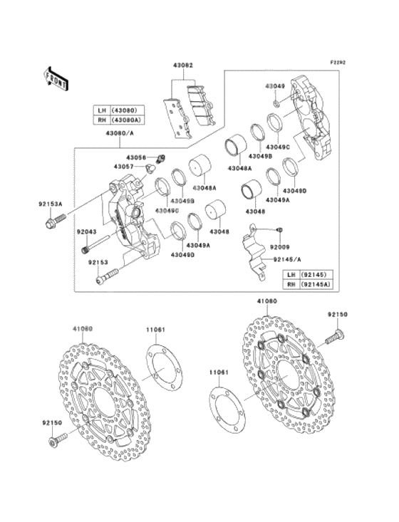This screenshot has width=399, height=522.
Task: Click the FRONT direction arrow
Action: pos(56,76)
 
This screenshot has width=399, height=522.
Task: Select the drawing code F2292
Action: pos(337,63)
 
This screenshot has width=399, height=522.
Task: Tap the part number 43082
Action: pos(182,66)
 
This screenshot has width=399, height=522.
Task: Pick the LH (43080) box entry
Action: pos(119,110)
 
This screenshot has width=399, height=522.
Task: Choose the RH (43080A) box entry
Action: pos(119,121)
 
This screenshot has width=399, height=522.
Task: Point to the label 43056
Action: pos(137,157)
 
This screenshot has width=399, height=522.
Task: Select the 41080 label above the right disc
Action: pos(266,301)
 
